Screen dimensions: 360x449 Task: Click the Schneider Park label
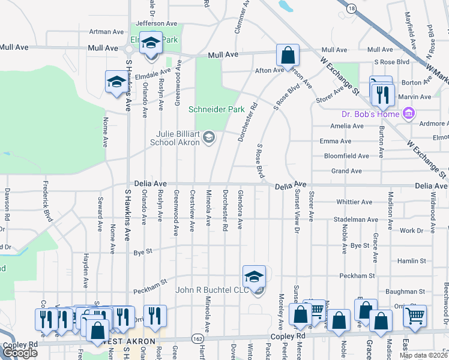click(217, 110)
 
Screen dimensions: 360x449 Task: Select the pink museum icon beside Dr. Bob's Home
click(409, 113)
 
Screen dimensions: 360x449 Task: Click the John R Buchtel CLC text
click(211, 290)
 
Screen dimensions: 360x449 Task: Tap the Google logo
click(20, 352)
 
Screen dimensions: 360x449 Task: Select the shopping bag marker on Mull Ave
click(288, 55)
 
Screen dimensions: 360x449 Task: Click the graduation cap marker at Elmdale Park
click(151, 43)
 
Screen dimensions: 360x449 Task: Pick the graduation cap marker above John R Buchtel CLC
click(254, 277)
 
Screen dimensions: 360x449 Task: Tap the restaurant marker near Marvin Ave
click(381, 94)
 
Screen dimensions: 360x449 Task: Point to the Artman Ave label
click(106, 31)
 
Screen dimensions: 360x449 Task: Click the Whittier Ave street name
click(355, 202)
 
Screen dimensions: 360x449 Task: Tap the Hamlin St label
click(412, 261)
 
